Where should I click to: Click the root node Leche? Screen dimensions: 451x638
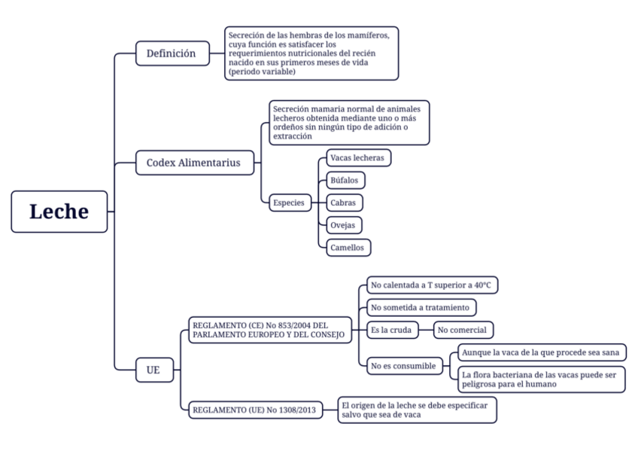coord(59,212)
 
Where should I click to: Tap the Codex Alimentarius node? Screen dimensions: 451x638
coord(194,163)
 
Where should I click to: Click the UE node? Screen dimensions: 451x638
coord(153,370)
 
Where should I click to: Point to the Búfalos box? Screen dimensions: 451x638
coord(346,181)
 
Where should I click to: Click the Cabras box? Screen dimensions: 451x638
coord(345,203)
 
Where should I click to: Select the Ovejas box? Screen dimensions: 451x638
coord(344,224)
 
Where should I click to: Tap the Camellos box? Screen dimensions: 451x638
coord(348,247)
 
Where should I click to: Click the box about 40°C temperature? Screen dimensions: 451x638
coord(431,285)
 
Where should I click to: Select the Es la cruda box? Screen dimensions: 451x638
coord(390,330)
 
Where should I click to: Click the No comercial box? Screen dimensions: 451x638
coord(463,330)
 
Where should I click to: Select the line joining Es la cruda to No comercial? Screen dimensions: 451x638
coord(424,330)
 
